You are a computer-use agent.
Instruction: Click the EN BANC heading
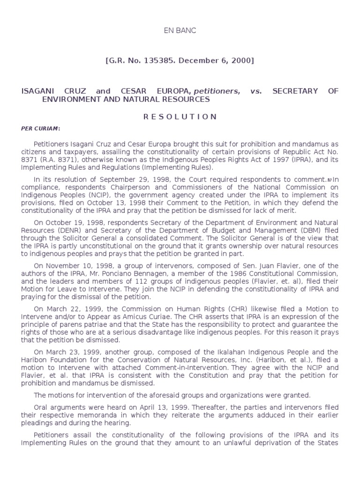coord(180,31)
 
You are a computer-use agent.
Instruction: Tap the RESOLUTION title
coord(180,117)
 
